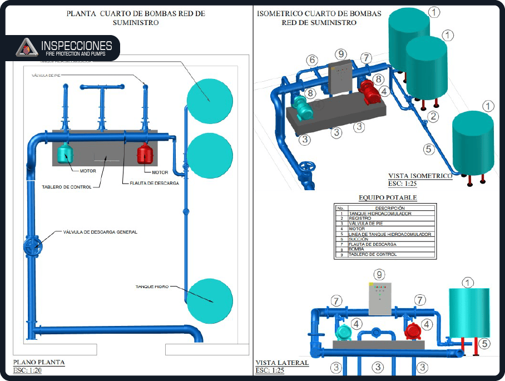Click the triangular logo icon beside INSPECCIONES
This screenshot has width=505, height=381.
click(x=24, y=47)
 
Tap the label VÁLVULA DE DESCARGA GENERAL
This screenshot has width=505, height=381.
click(x=100, y=232)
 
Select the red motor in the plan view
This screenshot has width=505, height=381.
click(x=145, y=152)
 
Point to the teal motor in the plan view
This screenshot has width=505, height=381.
click(x=67, y=152)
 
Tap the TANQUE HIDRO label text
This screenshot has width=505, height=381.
click(x=151, y=286)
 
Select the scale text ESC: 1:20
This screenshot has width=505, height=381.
click(x=28, y=370)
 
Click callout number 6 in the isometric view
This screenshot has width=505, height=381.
click(x=313, y=60)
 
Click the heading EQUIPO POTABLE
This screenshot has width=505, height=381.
click(x=388, y=197)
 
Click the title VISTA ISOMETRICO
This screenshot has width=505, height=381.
click(x=420, y=175)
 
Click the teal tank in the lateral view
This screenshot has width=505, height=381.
click(x=468, y=311)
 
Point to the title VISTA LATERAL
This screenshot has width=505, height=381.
click(x=282, y=363)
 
